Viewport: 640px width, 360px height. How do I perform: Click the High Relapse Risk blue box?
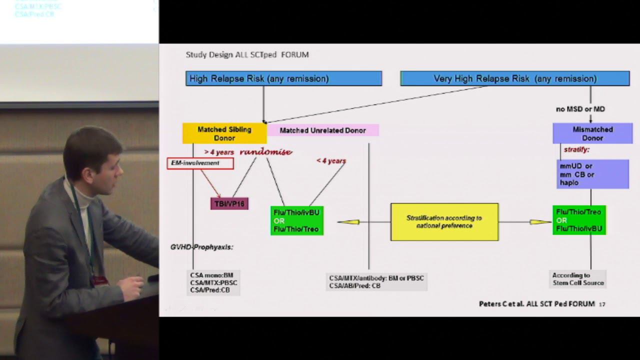pyautogui.click(x=283, y=78)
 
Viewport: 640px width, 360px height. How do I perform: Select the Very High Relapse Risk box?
pyautogui.click(x=515, y=78)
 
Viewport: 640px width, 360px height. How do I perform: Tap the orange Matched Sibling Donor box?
pyautogui.click(x=224, y=133)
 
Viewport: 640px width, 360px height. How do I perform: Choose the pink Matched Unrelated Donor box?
pyautogui.click(x=322, y=130)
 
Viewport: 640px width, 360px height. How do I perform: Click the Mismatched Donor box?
pyautogui.click(x=592, y=133)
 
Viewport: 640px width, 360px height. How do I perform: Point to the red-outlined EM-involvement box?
pyautogui.click(x=200, y=163)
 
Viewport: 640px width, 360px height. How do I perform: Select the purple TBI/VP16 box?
pyautogui.click(x=229, y=203)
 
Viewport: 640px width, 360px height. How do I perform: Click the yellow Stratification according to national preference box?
pyautogui.click(x=444, y=221)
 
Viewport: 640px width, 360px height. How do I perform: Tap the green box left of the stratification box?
pyautogui.click(x=297, y=221)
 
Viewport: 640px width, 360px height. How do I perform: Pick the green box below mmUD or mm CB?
pyautogui.click(x=579, y=220)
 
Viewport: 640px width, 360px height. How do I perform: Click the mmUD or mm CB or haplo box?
pyautogui.click(x=592, y=174)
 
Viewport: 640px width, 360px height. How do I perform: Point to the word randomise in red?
pyautogui.click(x=265, y=151)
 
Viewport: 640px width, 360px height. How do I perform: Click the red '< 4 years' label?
pyautogui.click(x=331, y=160)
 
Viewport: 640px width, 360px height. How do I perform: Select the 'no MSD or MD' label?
pyautogui.click(x=580, y=109)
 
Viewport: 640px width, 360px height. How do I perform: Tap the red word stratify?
pyautogui.click(x=576, y=149)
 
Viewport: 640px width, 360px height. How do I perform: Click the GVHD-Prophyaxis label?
pyautogui.click(x=202, y=247)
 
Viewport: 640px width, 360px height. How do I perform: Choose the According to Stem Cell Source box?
pyautogui.click(x=578, y=279)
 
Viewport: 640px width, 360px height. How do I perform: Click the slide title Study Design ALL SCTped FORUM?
pyautogui.click(x=247, y=54)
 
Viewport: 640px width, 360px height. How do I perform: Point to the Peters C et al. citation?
pyautogui.click(x=536, y=303)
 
